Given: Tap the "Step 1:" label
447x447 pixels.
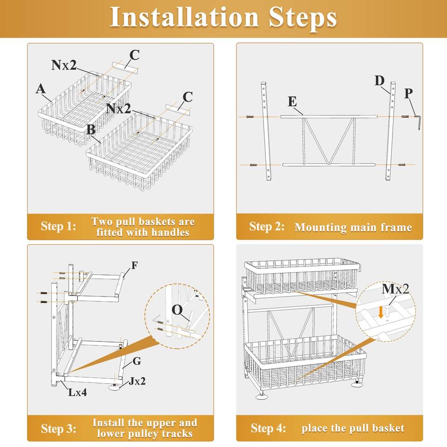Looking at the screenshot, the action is pyautogui.click(x=58, y=227).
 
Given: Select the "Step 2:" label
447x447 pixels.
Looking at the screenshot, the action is pyautogui.click(x=266, y=227).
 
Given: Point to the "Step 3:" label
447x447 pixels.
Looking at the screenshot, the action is pyautogui.click(x=58, y=428).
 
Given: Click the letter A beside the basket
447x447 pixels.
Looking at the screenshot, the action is pyautogui.click(x=41, y=89).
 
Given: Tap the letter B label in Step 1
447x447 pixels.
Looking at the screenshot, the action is pyautogui.click(x=91, y=129).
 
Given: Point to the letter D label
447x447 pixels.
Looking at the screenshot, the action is pyautogui.click(x=379, y=81).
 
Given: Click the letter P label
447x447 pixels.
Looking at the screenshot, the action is pyautogui.click(x=408, y=94).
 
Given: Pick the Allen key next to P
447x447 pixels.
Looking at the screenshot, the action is pyautogui.click(x=418, y=122).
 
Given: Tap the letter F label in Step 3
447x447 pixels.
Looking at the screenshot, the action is pyautogui.click(x=135, y=266).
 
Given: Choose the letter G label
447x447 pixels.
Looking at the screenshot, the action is pyautogui.click(x=137, y=361).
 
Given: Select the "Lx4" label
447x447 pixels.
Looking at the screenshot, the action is pyautogui.click(x=77, y=392).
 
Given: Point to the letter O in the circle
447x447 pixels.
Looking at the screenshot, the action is pyautogui.click(x=177, y=310).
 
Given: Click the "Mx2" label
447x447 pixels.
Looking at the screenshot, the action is pyautogui.click(x=395, y=289).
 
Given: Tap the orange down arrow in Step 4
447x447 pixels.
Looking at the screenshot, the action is pyautogui.click(x=382, y=312).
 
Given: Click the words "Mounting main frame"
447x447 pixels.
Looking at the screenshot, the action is pyautogui.click(x=353, y=228).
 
